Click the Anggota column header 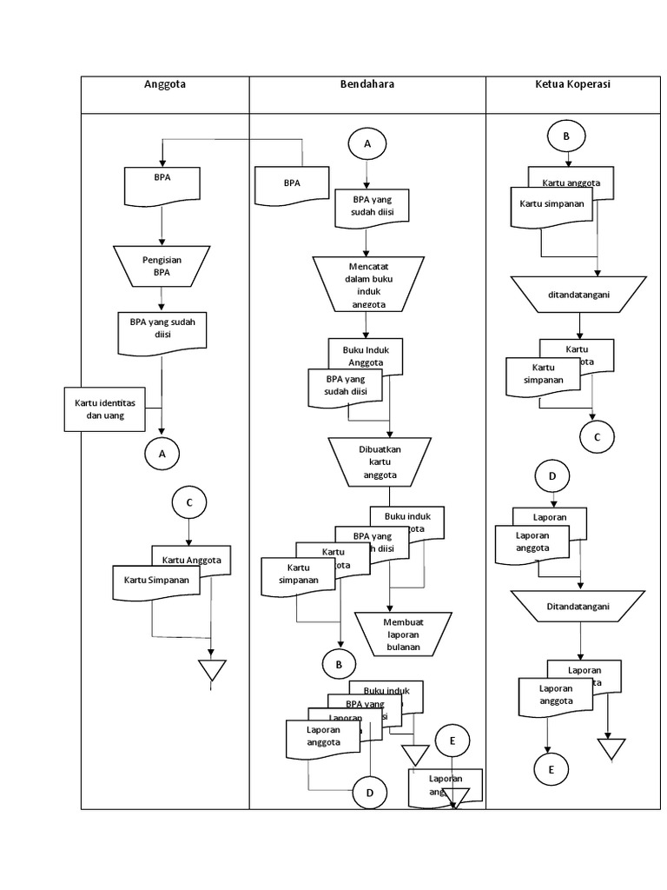click(165, 84)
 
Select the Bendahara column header click(367, 84)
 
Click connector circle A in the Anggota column click(162, 453)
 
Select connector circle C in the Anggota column click(189, 502)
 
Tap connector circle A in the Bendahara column click(367, 144)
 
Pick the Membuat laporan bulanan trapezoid click(404, 634)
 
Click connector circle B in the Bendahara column click(339, 665)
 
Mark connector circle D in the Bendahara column click(369, 793)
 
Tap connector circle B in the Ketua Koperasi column click(567, 136)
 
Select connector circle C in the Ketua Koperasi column click(597, 436)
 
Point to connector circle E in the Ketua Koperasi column click(551, 770)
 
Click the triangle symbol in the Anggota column click(212, 670)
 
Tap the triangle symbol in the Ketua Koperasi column click(611, 749)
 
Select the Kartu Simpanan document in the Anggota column click(156, 581)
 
